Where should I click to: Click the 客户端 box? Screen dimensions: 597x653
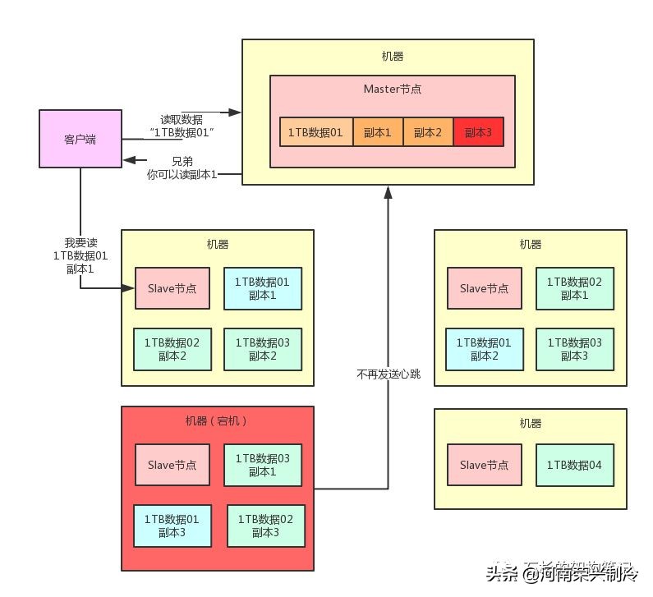(80, 140)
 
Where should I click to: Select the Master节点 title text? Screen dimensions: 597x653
(393, 88)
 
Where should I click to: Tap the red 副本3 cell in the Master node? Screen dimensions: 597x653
(477, 132)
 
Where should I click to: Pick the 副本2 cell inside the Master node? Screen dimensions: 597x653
(428, 132)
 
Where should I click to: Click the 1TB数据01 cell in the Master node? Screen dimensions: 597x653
(315, 132)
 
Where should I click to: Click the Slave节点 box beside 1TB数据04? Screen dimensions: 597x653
(484, 466)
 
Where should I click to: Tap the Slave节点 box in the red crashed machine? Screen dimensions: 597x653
(172, 466)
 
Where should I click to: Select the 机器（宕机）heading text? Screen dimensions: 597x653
(217, 420)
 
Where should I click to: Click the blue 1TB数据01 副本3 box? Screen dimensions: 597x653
(172, 526)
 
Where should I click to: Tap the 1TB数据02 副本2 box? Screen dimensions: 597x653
(172, 349)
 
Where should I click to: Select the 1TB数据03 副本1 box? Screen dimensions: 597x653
(262, 466)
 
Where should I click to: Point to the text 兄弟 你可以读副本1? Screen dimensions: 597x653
(182, 168)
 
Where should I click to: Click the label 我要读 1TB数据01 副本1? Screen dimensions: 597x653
(80, 255)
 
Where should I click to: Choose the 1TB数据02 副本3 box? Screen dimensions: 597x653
(265, 526)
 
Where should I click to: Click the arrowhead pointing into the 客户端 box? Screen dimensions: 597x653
(128, 161)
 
